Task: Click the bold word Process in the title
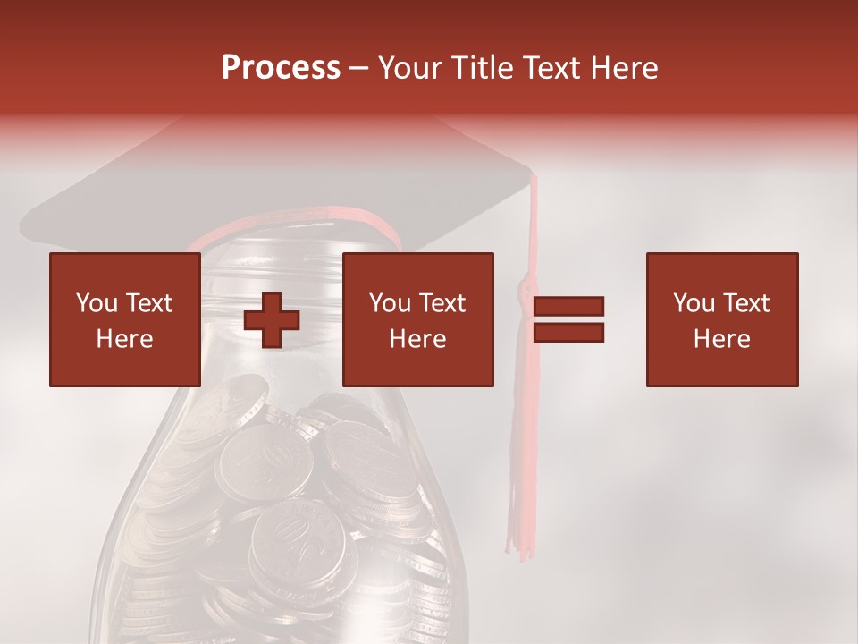coord(281,68)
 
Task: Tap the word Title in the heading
coord(483,68)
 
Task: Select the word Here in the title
coord(623,68)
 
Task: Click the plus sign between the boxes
coord(272,320)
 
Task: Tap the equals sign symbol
coord(568,319)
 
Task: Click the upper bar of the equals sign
coord(568,307)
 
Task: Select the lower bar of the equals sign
coord(568,332)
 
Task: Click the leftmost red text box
coord(124,319)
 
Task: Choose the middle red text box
coord(417,319)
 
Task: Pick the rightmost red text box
coord(721,319)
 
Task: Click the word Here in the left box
coord(124,339)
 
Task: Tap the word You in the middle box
coord(390,303)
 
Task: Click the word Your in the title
coord(410,68)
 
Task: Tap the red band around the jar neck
coord(295,218)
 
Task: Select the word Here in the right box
coord(721,339)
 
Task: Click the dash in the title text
coord(359,68)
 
